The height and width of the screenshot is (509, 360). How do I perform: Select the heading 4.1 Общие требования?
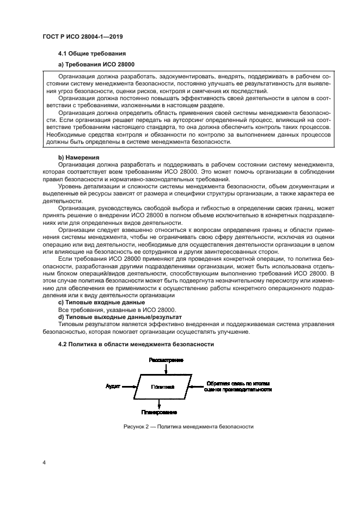[92, 53]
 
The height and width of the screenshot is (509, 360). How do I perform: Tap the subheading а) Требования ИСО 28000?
[96, 65]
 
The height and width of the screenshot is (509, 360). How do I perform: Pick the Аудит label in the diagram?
[113, 387]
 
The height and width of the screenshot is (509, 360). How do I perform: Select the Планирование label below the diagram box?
[158, 412]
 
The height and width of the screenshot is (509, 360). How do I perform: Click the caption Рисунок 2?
[187, 427]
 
